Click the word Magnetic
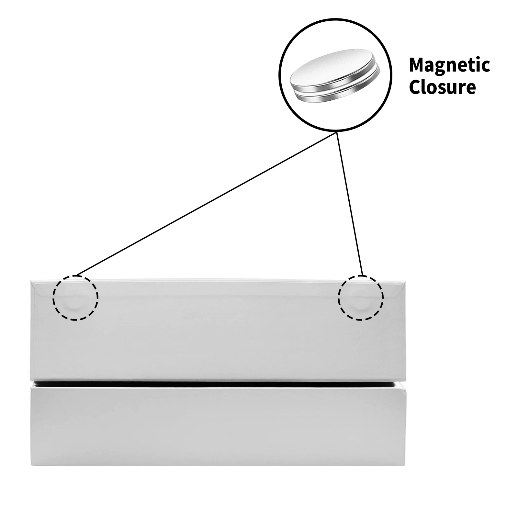[449, 65]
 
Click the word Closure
[442, 87]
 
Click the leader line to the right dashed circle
[350, 204]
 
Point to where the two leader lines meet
[337, 132]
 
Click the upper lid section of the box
[214, 340]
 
